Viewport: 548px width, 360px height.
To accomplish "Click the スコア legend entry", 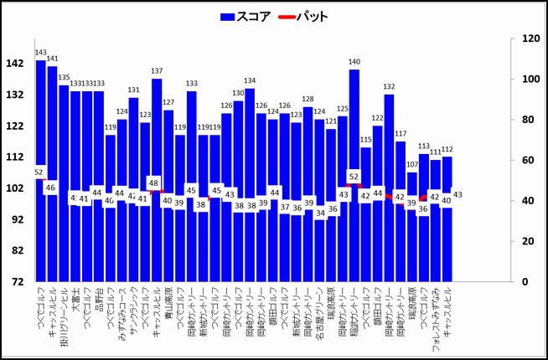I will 246,17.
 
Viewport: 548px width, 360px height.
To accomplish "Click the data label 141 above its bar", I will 52,59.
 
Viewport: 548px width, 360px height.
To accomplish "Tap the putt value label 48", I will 153,183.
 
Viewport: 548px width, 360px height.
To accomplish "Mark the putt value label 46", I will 50,188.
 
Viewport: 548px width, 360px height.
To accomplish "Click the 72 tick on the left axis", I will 18,282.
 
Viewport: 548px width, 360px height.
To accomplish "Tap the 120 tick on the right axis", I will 530,39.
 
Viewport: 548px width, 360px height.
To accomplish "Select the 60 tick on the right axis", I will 528,160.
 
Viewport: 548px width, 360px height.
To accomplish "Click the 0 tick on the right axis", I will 525,282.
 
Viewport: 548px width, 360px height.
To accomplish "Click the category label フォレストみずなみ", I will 435,321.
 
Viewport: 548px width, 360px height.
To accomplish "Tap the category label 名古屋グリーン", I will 319,315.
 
